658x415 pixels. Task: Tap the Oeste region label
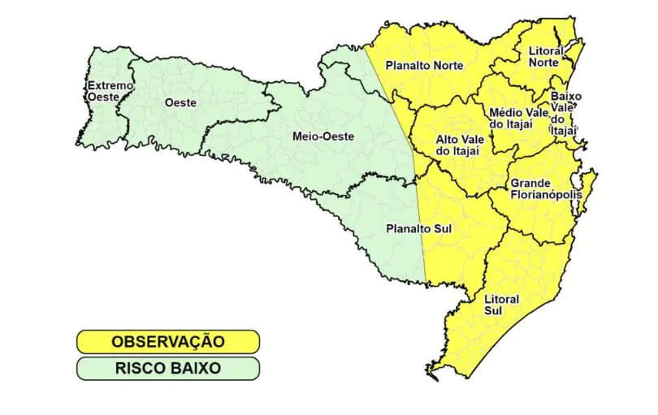180,102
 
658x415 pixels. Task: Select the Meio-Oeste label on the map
323,136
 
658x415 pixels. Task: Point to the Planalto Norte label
424,65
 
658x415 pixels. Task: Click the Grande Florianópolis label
542,188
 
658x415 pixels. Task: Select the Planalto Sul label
418,229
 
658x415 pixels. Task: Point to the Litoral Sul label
501,305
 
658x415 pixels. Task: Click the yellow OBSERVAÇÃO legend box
168,341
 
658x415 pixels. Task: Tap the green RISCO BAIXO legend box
168,368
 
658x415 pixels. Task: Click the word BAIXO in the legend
195,368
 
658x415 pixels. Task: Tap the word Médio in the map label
505,112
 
